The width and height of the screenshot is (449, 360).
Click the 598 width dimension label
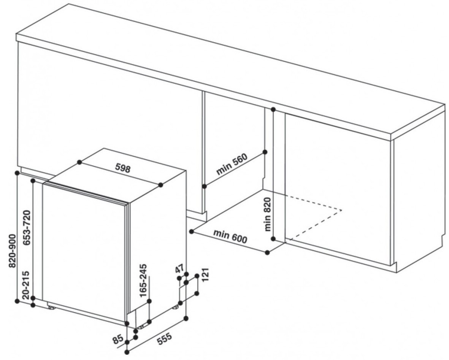pos(123,168)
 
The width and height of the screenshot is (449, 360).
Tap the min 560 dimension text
pos(232,164)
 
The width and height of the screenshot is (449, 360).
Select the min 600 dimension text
pos(230,236)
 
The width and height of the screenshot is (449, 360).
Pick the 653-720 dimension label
pos(27,227)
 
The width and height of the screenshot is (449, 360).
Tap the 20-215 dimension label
pos(27,285)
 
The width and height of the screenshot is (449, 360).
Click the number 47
pos(179,270)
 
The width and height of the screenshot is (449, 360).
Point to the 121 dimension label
pos(206,274)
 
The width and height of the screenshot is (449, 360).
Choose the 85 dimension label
pos(118,340)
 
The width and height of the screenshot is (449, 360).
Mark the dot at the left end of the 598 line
pos(79,162)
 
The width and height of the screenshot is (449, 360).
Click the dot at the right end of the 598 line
pos(161,185)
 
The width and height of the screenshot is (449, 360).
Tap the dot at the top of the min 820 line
pos(273,109)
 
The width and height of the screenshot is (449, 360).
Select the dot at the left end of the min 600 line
pos(192,231)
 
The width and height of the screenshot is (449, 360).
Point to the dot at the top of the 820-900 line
pos(17,173)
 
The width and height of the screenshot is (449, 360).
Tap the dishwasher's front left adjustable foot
pos(52,308)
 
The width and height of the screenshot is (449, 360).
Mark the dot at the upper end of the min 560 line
pos(265,152)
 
